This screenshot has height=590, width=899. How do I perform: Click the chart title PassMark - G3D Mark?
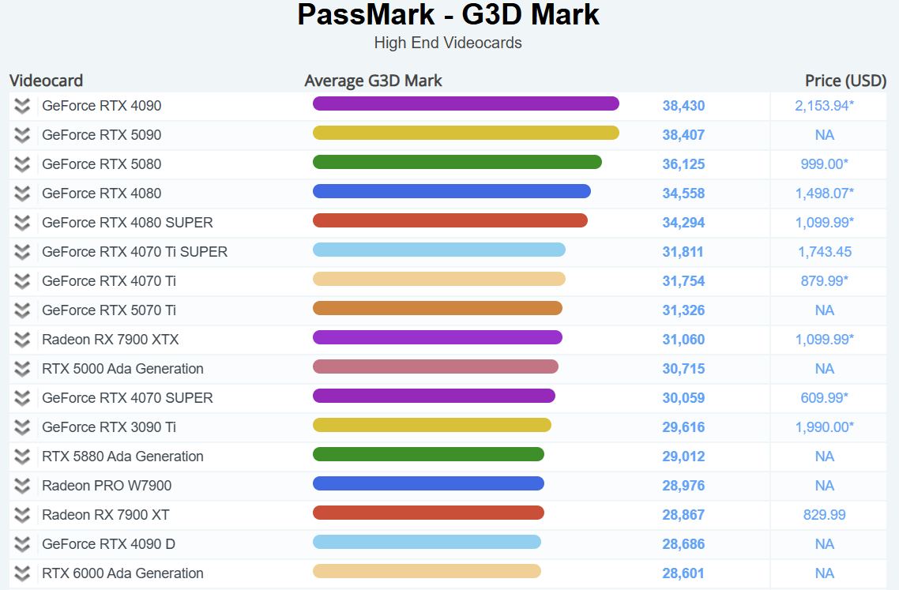pos(448,15)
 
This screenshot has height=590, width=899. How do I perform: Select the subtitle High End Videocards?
pos(448,43)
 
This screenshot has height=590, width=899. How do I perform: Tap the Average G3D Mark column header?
pos(373,81)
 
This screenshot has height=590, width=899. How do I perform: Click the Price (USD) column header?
pos(845,81)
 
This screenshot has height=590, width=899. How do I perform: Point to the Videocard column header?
pos(46,81)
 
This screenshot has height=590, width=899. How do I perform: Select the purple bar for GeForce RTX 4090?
pos(465,103)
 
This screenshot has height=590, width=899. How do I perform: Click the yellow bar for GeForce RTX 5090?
pos(465,133)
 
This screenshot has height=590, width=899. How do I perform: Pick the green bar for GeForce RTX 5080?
pos(457,162)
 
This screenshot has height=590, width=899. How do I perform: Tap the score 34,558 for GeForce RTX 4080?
pos(683,194)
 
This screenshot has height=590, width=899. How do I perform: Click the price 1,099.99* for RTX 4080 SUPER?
pos(824,223)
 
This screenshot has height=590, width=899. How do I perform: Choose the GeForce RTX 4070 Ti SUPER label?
pos(134,252)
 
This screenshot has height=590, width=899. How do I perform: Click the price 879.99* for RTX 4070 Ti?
pos(824,281)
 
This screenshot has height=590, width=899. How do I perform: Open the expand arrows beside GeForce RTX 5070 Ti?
pos(22,310)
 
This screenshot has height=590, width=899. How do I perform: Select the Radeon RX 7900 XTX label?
pos(110,340)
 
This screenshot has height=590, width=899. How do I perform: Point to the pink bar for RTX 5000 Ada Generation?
pos(435,366)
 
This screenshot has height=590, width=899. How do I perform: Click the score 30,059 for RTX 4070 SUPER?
pos(683,398)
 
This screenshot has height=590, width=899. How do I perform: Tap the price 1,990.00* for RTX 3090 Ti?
pos(824,427)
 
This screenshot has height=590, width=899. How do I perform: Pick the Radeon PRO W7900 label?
pos(107,486)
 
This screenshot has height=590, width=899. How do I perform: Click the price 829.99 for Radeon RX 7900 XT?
pos(824,515)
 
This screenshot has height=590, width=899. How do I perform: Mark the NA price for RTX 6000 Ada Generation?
pos(824,573)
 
